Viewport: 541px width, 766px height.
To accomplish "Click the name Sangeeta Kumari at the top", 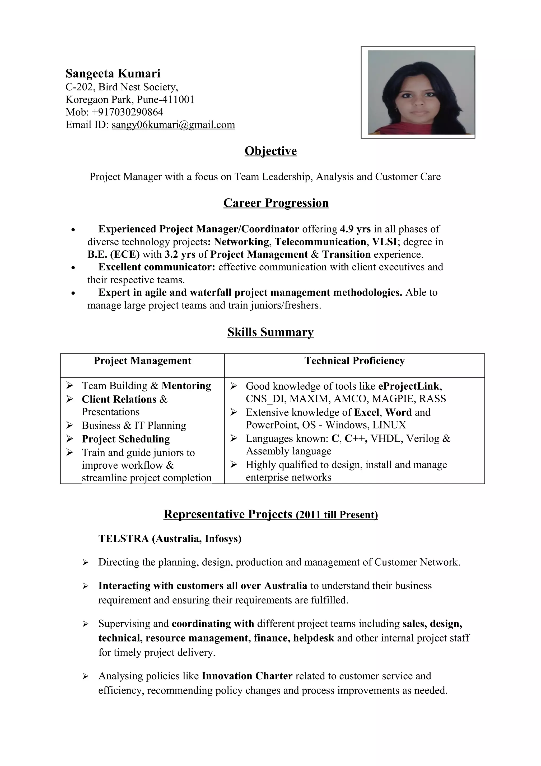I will click(113, 73).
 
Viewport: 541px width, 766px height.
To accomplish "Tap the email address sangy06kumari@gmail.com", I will click(173, 125).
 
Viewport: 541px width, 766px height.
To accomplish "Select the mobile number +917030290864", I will click(127, 112).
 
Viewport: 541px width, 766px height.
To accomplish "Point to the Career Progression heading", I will click(276, 203).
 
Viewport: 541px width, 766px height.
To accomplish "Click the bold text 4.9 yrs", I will click(355, 229).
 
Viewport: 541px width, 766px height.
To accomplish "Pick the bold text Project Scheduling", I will click(126, 439).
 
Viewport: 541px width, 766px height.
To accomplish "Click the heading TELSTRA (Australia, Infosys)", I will click(170, 539).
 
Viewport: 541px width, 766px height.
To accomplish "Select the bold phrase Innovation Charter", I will click(247, 676).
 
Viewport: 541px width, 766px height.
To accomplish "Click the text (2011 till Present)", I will click(337, 515).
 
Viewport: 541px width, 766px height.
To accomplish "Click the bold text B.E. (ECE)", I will click(113, 255).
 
